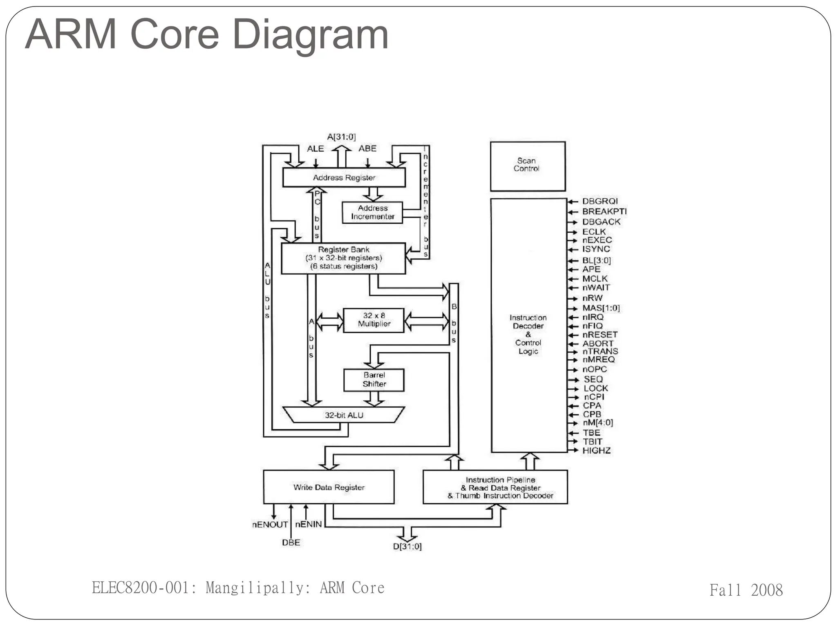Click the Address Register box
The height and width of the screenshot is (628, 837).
(344, 177)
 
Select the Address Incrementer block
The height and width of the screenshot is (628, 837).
(372, 213)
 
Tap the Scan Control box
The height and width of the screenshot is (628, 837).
(527, 166)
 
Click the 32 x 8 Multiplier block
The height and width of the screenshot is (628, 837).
(374, 320)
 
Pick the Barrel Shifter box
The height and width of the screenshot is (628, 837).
(374, 380)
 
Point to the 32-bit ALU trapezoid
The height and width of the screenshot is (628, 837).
(344, 415)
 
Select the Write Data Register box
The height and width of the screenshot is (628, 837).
(329, 487)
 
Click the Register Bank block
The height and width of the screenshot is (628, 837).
(343, 258)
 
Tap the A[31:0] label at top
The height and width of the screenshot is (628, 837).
(341, 137)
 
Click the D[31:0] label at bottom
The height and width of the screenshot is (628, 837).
(407, 547)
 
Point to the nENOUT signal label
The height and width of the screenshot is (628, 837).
(270, 525)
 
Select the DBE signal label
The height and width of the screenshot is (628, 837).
(291, 543)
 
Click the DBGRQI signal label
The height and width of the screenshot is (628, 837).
(600, 201)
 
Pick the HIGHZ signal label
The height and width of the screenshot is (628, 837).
(596, 451)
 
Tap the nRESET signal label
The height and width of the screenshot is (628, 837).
(600, 334)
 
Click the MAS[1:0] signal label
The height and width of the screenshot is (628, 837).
(601, 308)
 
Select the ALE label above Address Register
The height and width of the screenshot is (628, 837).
(315, 149)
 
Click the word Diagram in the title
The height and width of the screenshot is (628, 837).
(310, 35)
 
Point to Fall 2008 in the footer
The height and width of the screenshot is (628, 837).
(746, 590)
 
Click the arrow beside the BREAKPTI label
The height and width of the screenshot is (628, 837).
(573, 212)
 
